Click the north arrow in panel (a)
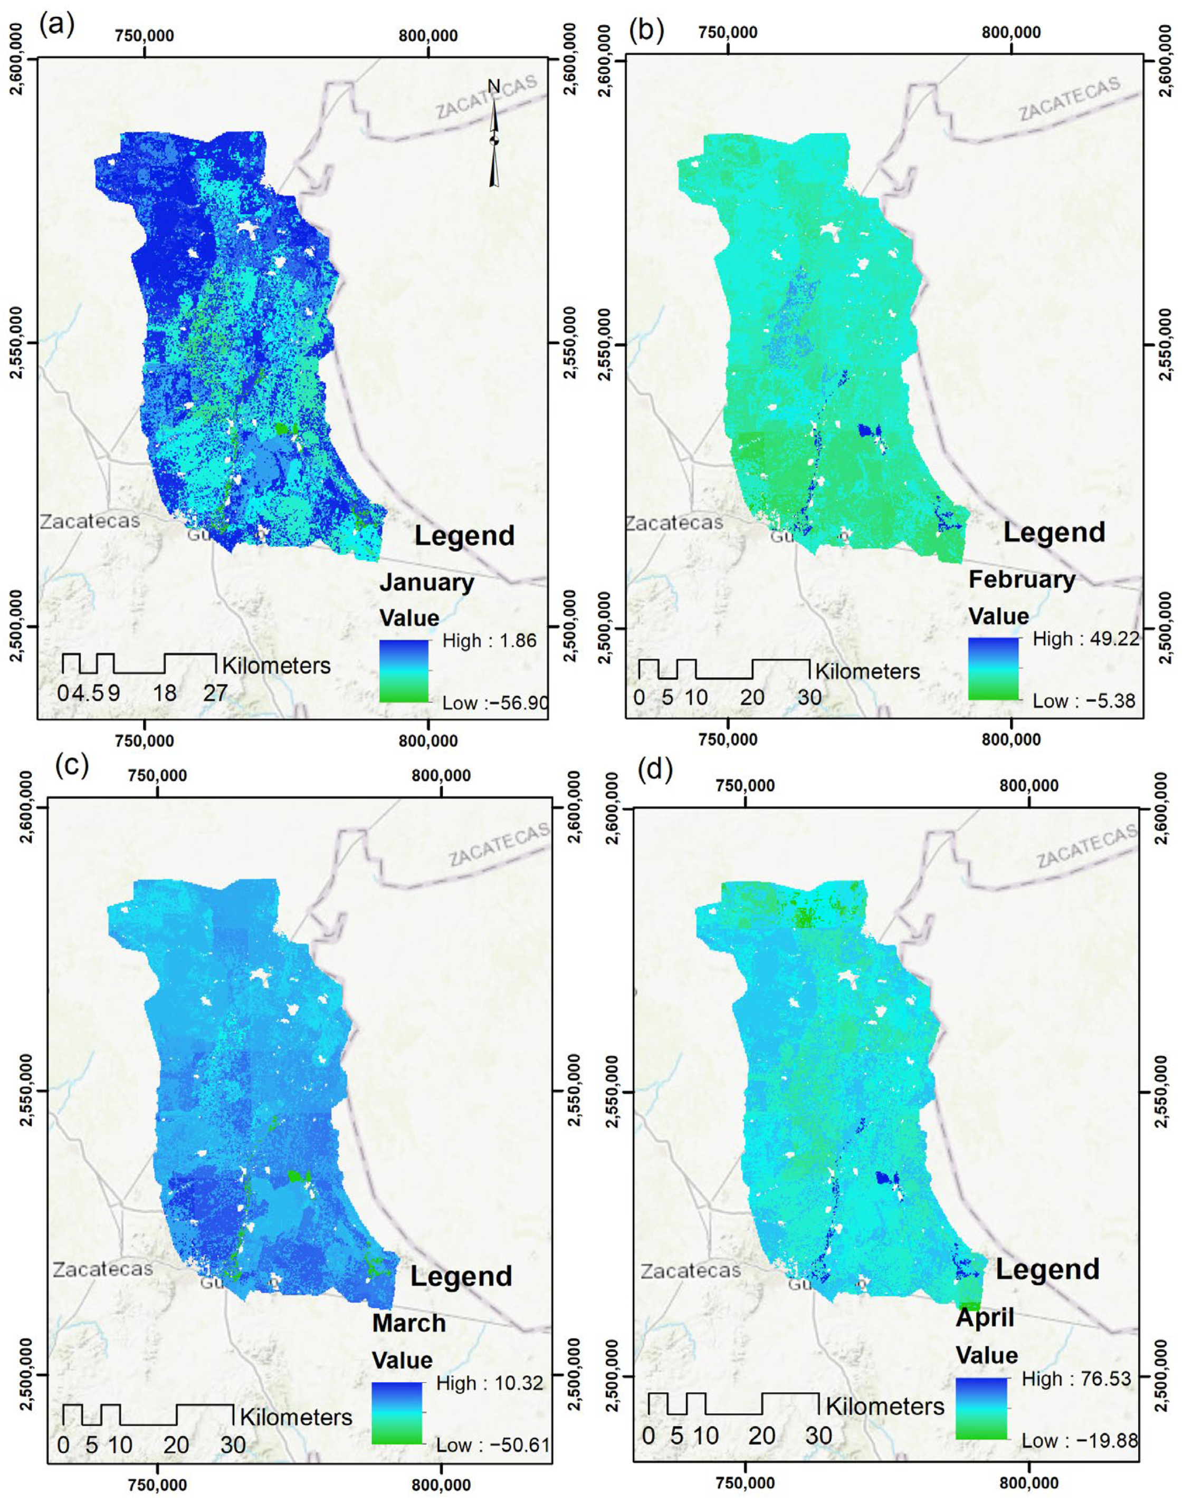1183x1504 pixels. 494,135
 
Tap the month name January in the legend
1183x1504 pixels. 427,582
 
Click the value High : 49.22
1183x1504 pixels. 1085,638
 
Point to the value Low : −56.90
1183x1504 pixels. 495,703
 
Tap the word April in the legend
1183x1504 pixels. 985,1317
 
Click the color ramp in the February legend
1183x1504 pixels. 993,669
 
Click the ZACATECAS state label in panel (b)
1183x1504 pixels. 1070,100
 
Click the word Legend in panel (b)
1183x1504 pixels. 1054,532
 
